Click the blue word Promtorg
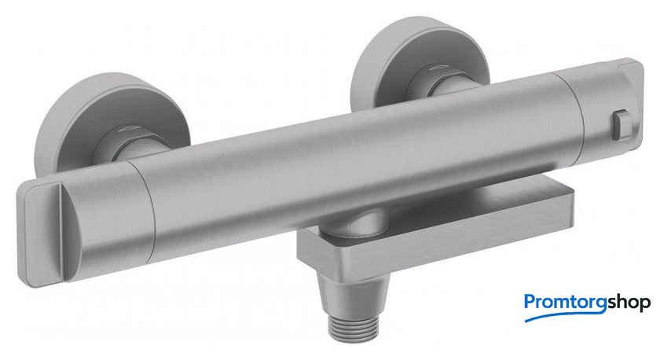(x=565, y=303)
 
